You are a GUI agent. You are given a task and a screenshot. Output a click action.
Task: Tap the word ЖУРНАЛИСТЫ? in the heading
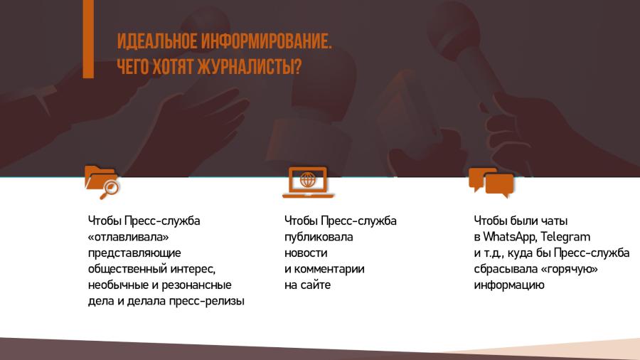point(250,67)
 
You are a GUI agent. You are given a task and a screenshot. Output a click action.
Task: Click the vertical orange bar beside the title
point(88,39)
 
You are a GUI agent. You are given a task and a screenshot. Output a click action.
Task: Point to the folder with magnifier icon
point(102,182)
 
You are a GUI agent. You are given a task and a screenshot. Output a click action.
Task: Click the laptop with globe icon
point(308,182)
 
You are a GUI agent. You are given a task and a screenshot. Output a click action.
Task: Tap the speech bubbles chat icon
point(491,182)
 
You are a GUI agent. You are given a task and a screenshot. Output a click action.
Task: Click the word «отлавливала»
point(129,237)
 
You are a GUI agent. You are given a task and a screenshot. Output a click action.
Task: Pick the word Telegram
point(566,237)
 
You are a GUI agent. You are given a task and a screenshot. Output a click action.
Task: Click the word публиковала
point(319,237)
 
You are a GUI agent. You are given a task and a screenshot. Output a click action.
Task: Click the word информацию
point(509,285)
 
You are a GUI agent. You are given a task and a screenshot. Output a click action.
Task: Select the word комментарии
point(329,270)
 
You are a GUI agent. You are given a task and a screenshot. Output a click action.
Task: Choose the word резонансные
point(197,285)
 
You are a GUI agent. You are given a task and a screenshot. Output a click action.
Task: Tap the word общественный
point(128,270)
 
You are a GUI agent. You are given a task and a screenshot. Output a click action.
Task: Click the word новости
point(306,253)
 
